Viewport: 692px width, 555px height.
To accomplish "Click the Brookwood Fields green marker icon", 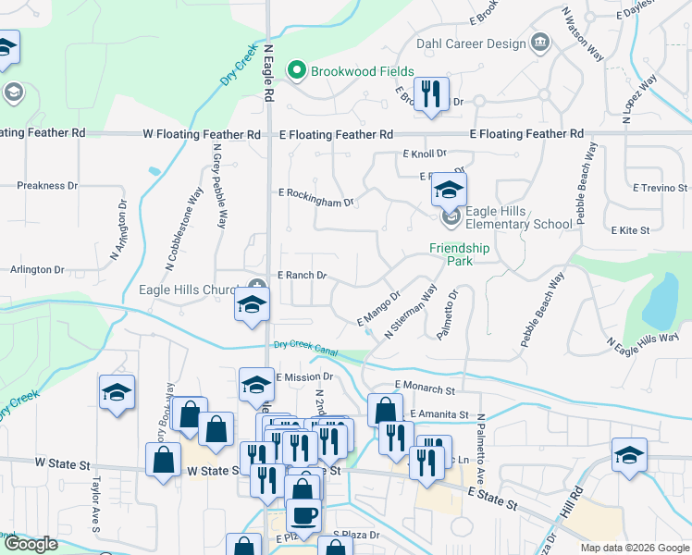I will click(297, 70).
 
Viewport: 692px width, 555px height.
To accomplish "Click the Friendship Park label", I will click(459, 254).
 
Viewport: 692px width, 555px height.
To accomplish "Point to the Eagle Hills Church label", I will click(188, 290).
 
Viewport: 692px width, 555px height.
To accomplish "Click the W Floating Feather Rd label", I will click(202, 134).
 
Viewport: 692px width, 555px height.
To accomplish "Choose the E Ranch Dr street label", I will click(303, 275).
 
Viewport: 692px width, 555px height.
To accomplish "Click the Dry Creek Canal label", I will click(305, 347).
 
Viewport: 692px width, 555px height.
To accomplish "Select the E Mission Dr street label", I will click(303, 377).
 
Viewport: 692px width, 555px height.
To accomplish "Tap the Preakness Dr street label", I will click(47, 185).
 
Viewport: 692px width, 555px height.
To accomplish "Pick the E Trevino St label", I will click(661, 187).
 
